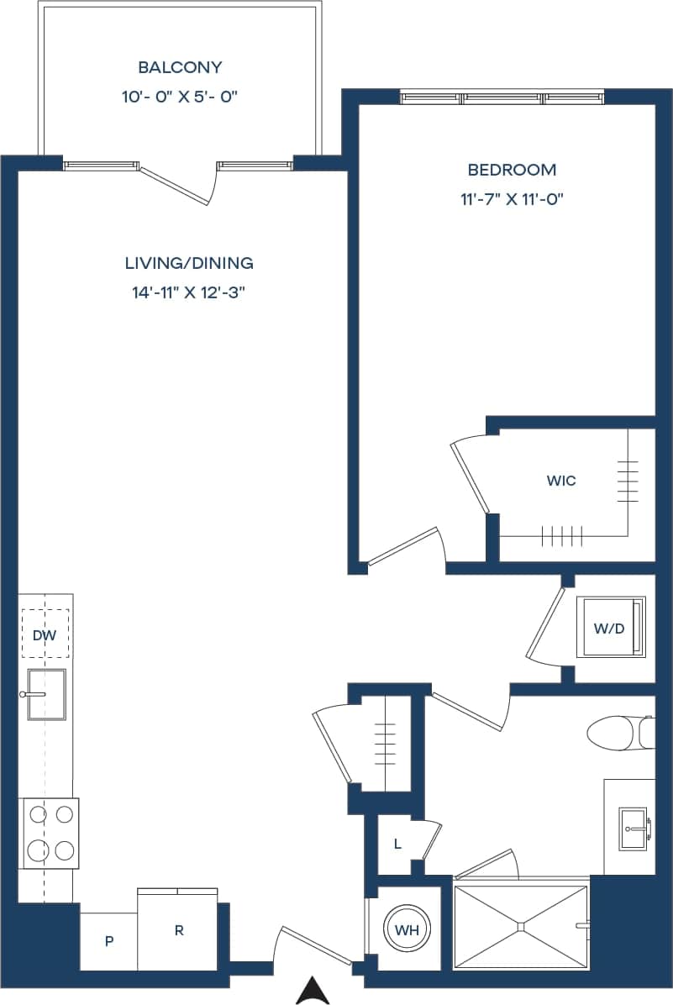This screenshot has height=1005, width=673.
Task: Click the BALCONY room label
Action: coord(180,67)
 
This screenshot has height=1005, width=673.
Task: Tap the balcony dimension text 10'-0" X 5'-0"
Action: coord(180,97)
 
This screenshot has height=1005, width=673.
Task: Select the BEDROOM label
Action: coord(512,170)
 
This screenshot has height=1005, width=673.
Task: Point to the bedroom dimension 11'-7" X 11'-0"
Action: coord(512,199)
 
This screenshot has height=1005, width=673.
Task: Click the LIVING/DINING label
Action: coord(189,263)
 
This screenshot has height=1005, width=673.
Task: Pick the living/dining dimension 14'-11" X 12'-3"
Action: coord(189,293)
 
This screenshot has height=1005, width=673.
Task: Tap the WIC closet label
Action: coord(560,481)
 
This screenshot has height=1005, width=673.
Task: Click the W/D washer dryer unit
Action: coord(610,628)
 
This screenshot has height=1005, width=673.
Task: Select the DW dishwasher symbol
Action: coord(45,635)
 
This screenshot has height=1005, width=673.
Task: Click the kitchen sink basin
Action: coord(47,694)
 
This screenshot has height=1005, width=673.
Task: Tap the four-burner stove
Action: coord(50,832)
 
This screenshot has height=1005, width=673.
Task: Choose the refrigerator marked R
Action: coord(179,930)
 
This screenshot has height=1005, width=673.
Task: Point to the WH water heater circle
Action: coord(407,929)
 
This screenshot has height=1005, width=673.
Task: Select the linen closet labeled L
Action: coord(397,844)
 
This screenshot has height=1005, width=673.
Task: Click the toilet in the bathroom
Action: coord(618,732)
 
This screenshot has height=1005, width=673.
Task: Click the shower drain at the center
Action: coord(521,927)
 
